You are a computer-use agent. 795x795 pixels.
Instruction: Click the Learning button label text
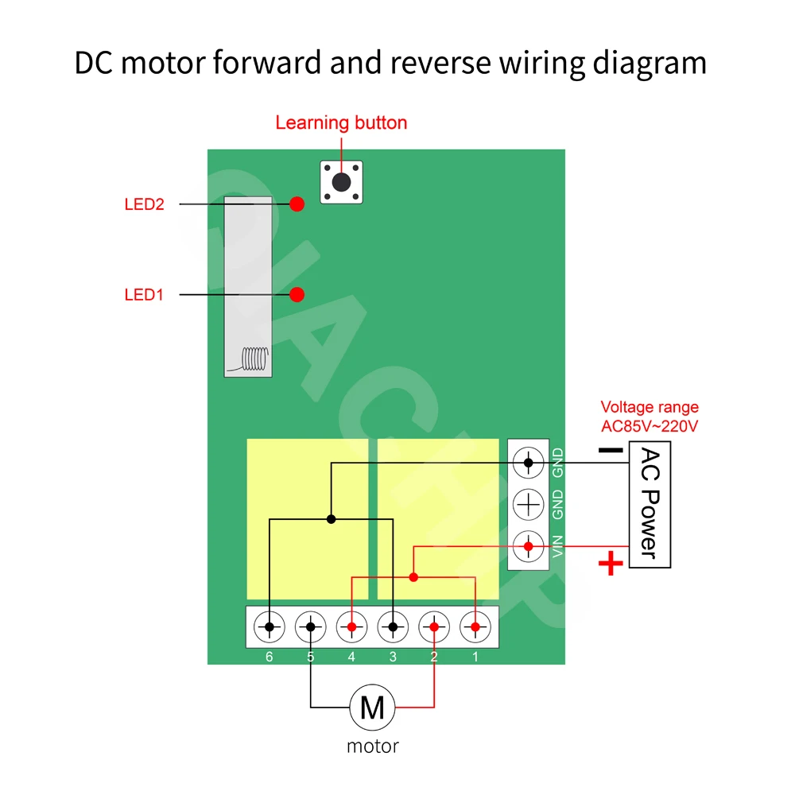tap(341, 123)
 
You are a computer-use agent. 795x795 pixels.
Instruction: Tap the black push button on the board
tap(341, 182)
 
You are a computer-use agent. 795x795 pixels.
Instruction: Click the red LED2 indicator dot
tap(297, 204)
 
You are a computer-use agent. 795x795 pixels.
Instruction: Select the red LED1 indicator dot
tap(297, 295)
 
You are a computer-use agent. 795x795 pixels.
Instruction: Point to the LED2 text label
tap(144, 204)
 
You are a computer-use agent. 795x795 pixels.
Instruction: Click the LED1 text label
tap(144, 295)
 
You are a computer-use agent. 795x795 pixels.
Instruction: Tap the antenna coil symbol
tap(254, 359)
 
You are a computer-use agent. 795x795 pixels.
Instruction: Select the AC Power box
tap(650, 505)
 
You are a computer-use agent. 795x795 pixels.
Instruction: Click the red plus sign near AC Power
tap(611, 565)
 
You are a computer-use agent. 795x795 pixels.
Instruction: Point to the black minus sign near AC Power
tap(610, 450)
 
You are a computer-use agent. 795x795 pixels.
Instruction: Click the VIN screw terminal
tap(529, 546)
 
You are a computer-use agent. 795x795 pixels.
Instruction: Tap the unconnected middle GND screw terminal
tap(529, 503)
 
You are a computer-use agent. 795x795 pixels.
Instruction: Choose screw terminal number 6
tap(270, 627)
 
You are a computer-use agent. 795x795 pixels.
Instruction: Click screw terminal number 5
tap(311, 627)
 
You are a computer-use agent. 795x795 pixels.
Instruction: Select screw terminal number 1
tap(475, 627)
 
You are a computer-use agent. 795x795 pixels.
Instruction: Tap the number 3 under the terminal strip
tap(393, 657)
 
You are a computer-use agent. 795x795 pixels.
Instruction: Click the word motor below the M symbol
tap(372, 746)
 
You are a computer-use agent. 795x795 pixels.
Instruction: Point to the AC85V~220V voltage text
tap(650, 426)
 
